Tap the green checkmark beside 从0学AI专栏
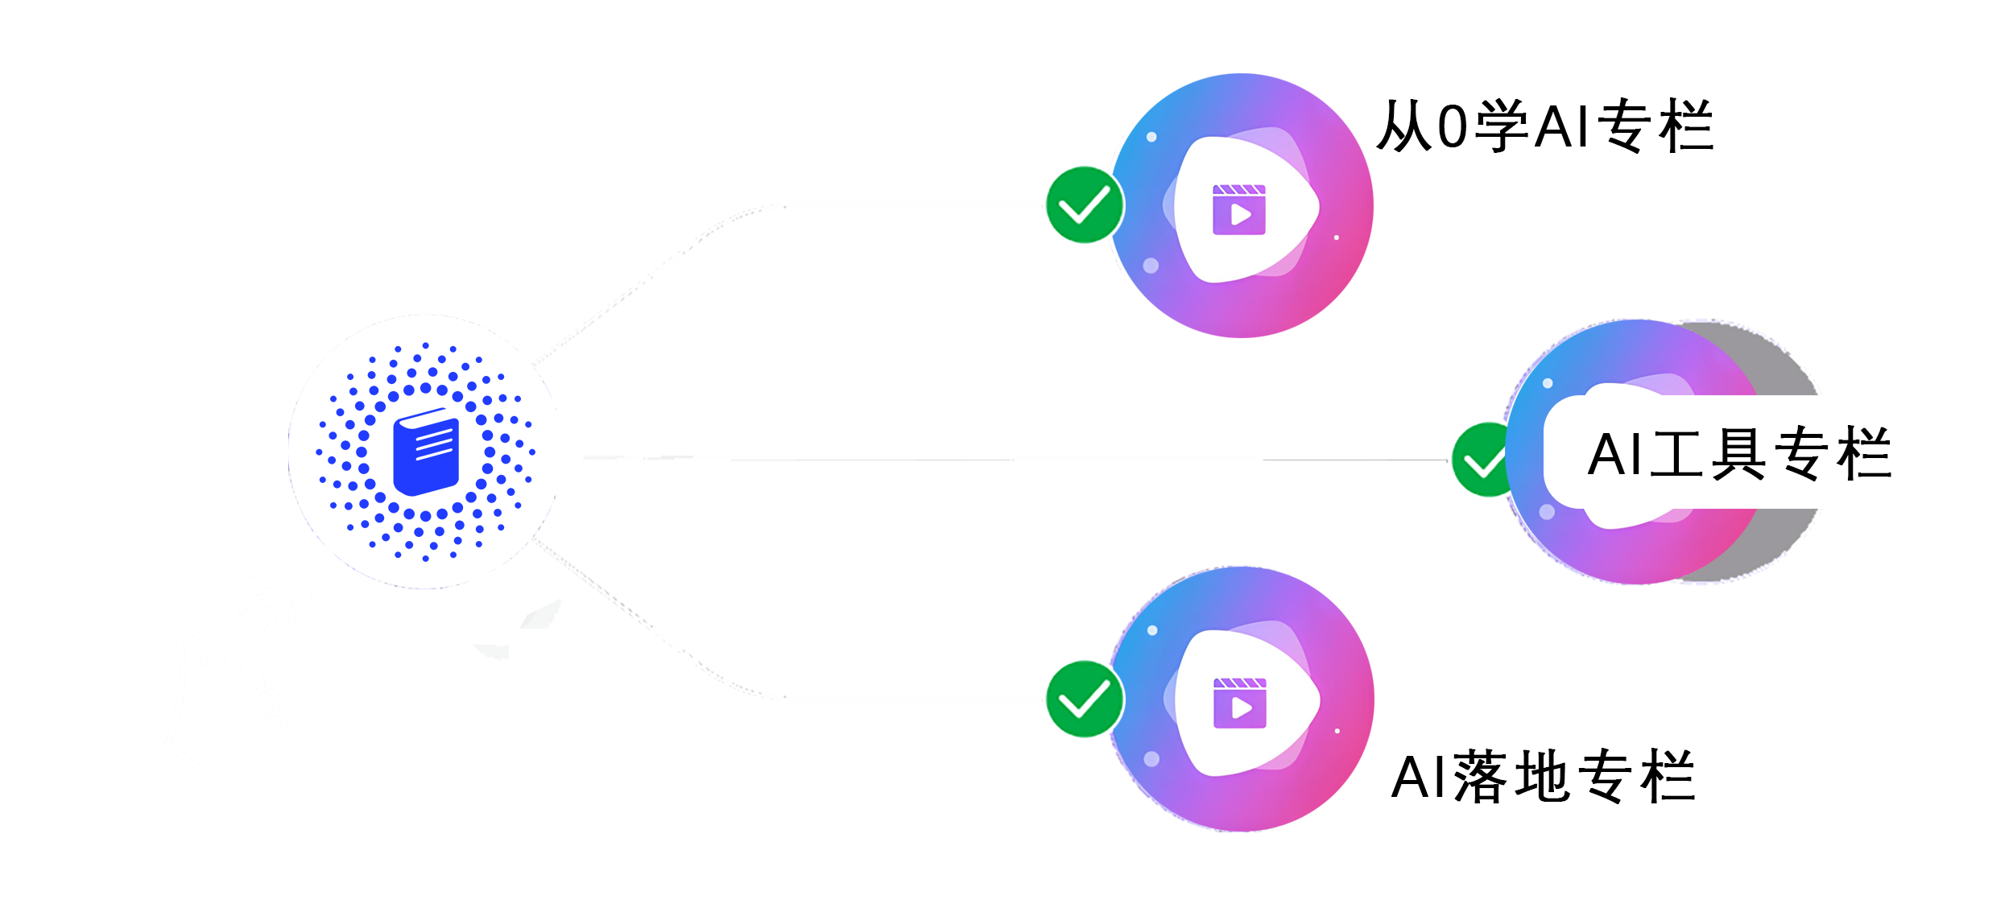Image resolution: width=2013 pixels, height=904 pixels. pos(1085,205)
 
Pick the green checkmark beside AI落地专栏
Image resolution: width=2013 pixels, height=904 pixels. pos(1085,700)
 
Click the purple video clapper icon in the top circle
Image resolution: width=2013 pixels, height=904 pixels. pos(1239,210)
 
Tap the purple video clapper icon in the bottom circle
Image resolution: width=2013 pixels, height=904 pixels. pos(1239,703)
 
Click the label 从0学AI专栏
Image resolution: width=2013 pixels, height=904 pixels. pos(1544,127)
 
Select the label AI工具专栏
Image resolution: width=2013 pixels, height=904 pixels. pos(1738,455)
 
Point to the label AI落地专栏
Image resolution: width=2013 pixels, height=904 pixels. pos(1543,777)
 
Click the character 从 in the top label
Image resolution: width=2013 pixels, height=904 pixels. pos(1404,127)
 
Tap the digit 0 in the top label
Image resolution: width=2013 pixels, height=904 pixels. pos(1453,127)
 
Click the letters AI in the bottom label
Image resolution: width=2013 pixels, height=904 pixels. pos(1419,778)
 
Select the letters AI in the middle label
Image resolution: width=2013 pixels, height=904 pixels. pos(1614,456)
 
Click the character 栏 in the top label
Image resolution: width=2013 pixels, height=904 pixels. pos(1685,127)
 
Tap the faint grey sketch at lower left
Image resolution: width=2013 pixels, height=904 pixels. pos(239,679)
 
